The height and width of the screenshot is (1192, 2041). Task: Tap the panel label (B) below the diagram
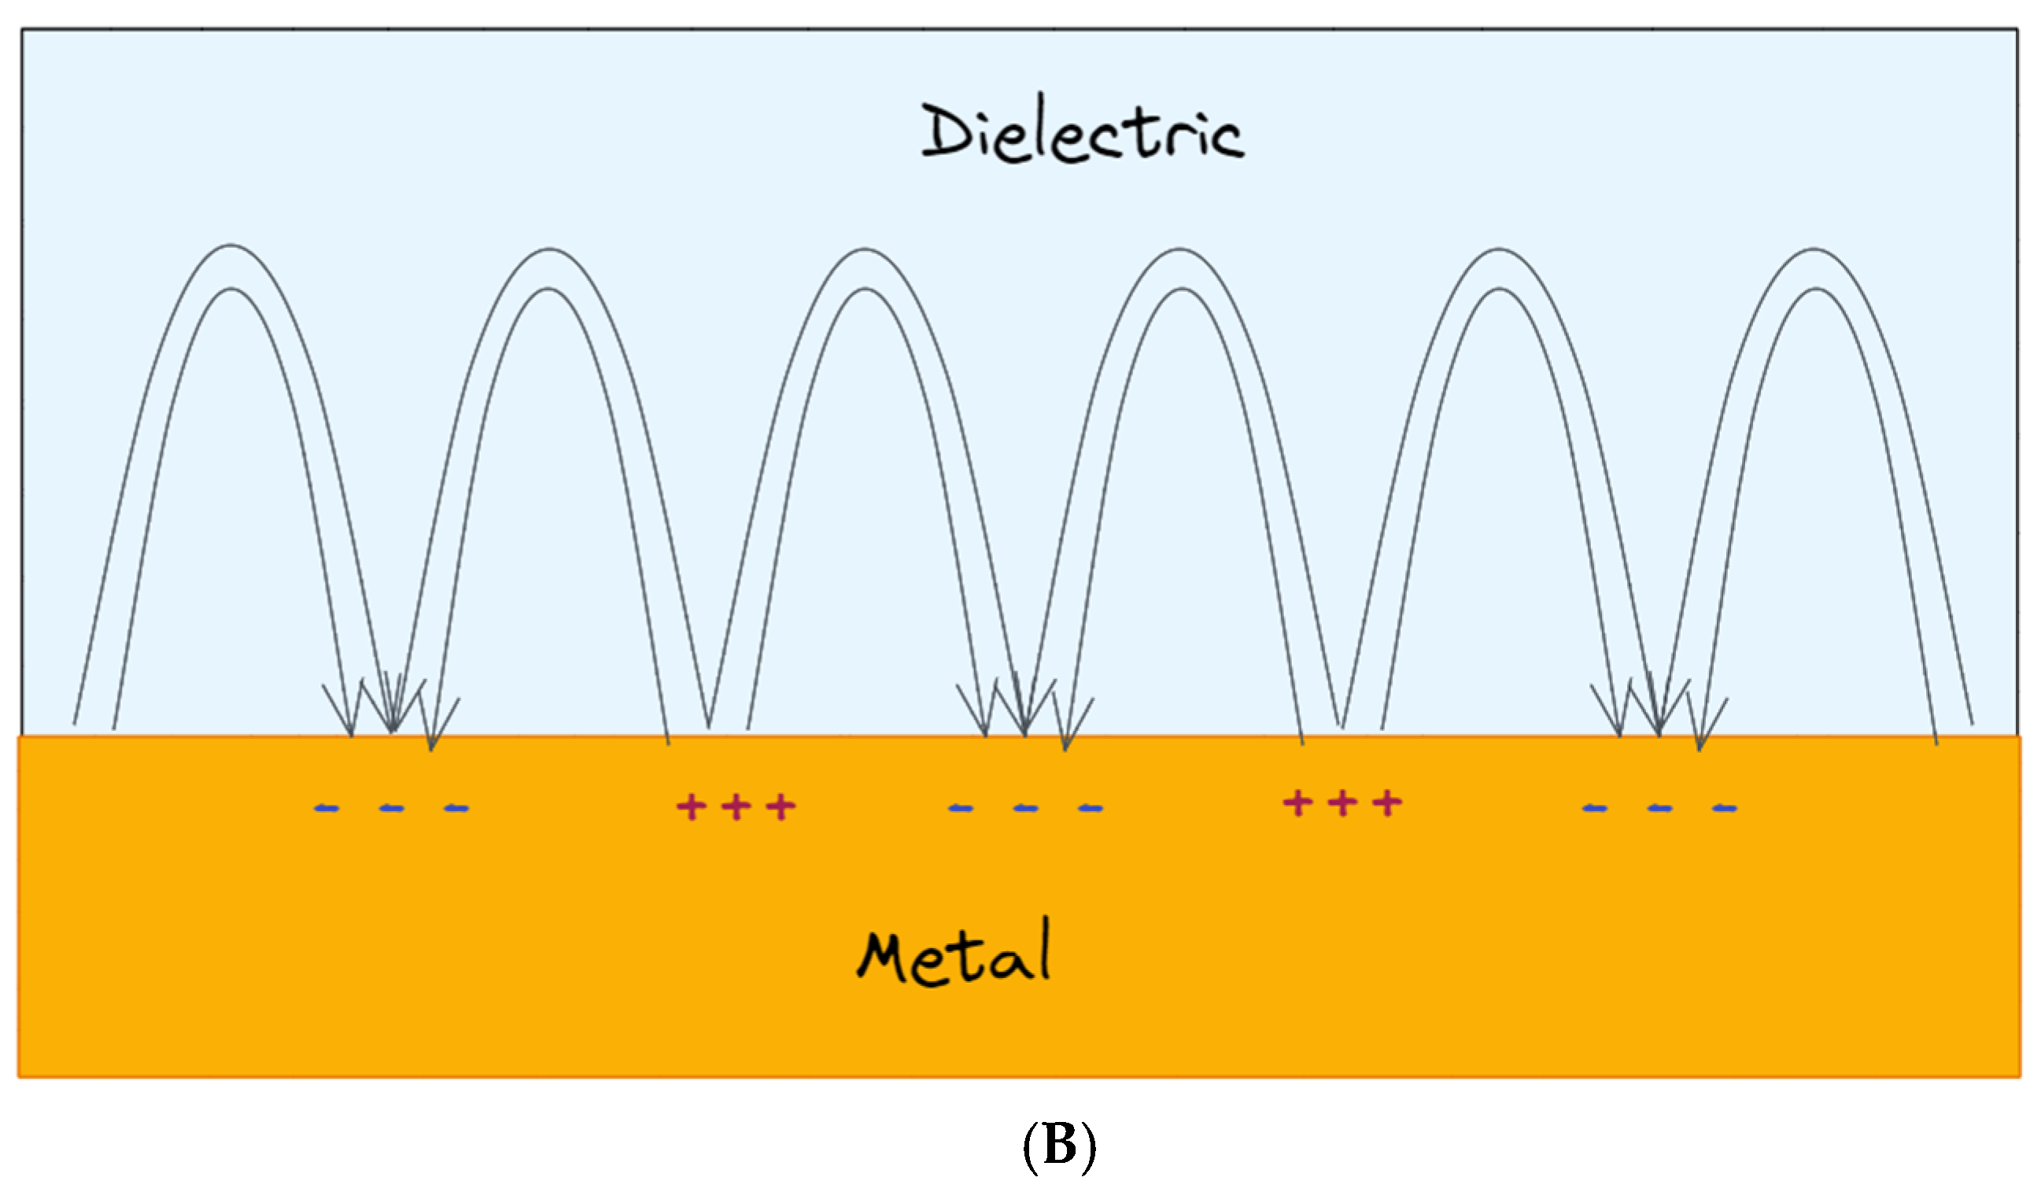pos(1059,1147)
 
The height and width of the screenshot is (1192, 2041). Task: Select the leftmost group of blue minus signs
pos(391,808)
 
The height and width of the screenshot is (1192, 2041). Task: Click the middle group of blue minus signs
pos(1025,808)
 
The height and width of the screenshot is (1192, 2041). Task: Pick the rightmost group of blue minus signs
pos(1659,808)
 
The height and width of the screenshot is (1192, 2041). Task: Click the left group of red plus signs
pos(736,806)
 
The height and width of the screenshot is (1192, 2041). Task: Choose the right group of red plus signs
pos(1342,803)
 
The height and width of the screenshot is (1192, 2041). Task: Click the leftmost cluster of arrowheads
pos(391,713)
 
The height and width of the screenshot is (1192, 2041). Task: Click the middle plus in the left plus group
pos(736,806)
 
